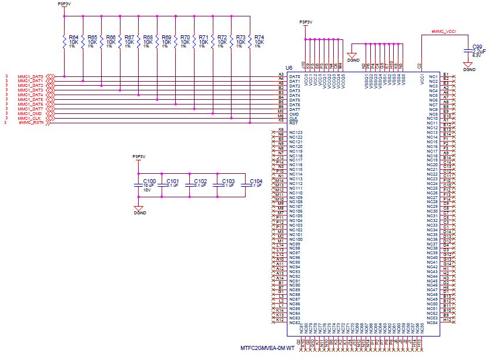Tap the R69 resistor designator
(x=166, y=37)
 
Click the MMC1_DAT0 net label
(x=30, y=76)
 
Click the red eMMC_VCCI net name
(x=444, y=30)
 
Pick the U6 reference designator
(x=289, y=68)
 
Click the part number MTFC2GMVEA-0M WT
(x=267, y=348)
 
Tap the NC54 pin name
(x=432, y=322)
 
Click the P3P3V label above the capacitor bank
(x=139, y=156)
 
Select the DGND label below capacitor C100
(x=139, y=213)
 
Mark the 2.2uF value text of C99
(x=476, y=51)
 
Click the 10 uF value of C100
(x=148, y=185)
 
